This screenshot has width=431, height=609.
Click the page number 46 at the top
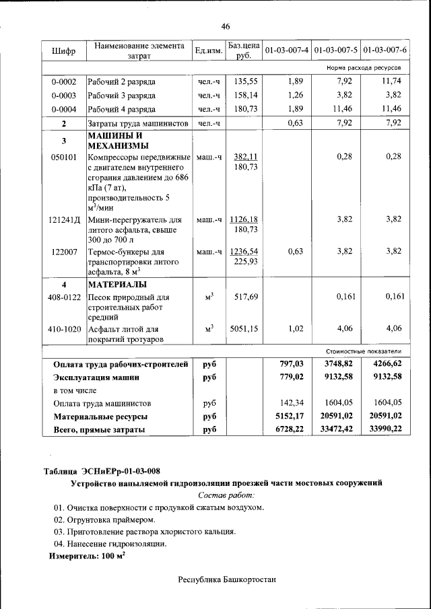[226, 26]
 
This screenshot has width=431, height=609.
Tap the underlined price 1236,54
[244, 251]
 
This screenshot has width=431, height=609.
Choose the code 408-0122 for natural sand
[65, 296]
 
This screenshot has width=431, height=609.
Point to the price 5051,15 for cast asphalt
[244, 328]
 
